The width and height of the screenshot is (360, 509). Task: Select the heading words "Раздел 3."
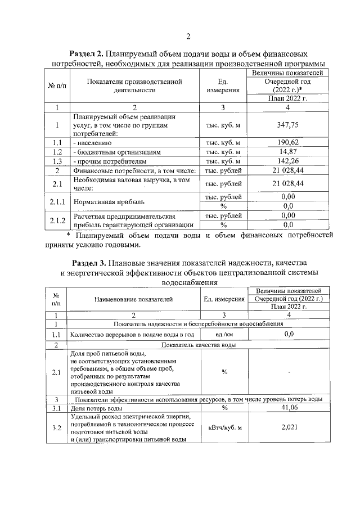pyautogui.click(x=91, y=263)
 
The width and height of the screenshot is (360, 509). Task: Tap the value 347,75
pyautogui.click(x=287, y=127)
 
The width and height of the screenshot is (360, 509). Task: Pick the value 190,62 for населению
pyautogui.click(x=287, y=142)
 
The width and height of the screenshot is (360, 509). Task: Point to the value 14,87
pyautogui.click(x=287, y=152)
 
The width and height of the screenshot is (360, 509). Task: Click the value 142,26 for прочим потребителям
pyautogui.click(x=287, y=161)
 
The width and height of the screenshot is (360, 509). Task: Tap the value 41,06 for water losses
pyautogui.click(x=289, y=408)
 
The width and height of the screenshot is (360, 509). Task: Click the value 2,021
pyautogui.click(x=289, y=428)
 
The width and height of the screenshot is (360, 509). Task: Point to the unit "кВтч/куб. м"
pyautogui.click(x=224, y=428)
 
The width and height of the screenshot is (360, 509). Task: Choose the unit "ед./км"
pyautogui.click(x=224, y=335)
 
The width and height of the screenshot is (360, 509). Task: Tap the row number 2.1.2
pyautogui.click(x=57, y=220)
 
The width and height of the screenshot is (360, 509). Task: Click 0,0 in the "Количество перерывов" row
pyautogui.click(x=289, y=335)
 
